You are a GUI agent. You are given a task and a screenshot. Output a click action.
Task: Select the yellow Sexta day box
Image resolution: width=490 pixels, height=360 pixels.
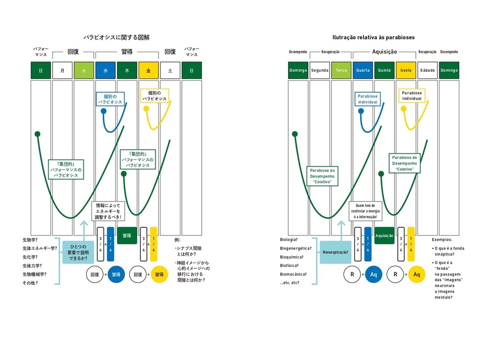pos(406,70)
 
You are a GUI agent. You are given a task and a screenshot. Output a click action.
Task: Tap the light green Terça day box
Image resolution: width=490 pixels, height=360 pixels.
pos(341,70)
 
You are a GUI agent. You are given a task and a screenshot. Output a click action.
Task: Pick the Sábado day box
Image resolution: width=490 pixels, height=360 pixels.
pos(427,70)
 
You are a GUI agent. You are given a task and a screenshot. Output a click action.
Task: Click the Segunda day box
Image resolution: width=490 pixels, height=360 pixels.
pos(320,70)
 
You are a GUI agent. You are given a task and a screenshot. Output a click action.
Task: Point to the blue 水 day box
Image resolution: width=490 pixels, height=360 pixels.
pos(105,70)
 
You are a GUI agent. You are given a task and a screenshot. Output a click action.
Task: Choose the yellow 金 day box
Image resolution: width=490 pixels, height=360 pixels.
pos(149,70)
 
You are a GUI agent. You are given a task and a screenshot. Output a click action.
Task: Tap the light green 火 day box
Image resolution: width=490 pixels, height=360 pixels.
pos(84,70)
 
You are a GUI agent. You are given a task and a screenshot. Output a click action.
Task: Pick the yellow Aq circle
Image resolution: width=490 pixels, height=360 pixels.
pos(416,274)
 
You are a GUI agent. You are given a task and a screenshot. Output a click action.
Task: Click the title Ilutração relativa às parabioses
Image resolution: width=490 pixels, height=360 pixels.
pos(374,38)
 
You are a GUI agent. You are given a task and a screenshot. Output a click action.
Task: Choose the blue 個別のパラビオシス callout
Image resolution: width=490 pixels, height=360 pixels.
pos(111,98)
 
